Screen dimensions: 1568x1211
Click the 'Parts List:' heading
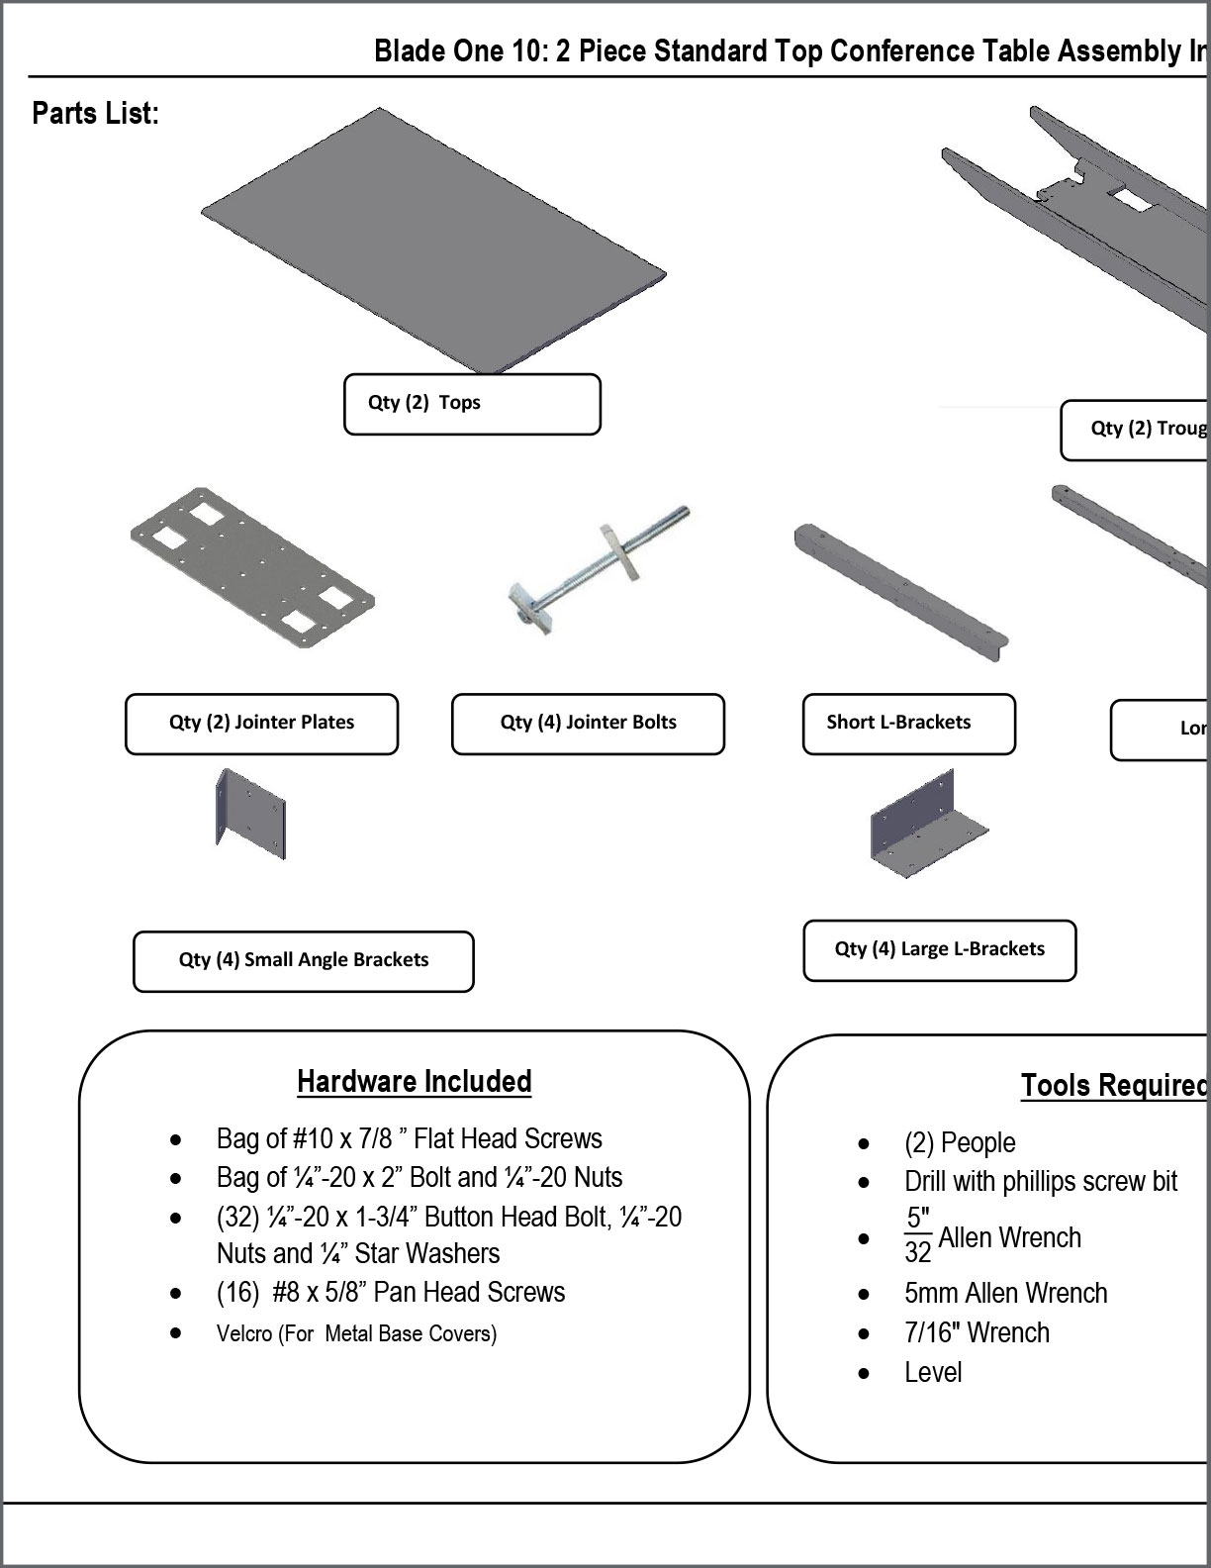(95, 113)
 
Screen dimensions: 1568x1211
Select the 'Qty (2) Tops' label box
(472, 404)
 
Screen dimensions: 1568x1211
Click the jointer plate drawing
(252, 568)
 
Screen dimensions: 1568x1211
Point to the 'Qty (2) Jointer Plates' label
(261, 724)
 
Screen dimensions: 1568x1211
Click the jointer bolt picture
(598, 568)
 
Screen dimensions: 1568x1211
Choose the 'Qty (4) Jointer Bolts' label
(588, 724)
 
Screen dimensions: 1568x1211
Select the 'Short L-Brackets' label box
(908, 724)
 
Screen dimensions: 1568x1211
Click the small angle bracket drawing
(251, 815)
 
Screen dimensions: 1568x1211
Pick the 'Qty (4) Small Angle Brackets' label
(303, 960)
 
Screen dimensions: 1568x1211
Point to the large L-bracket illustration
(928, 824)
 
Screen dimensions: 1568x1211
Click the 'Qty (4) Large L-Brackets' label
(939, 950)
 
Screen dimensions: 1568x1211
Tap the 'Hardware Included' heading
(414, 1082)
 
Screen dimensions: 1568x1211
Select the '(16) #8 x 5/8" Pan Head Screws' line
(391, 1293)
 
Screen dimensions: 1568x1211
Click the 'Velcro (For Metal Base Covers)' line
(356, 1334)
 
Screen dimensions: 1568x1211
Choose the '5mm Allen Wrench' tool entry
(1005, 1294)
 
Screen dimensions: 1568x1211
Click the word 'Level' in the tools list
(933, 1373)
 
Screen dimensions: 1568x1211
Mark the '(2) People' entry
(960, 1143)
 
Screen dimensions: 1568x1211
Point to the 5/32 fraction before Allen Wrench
(918, 1235)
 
